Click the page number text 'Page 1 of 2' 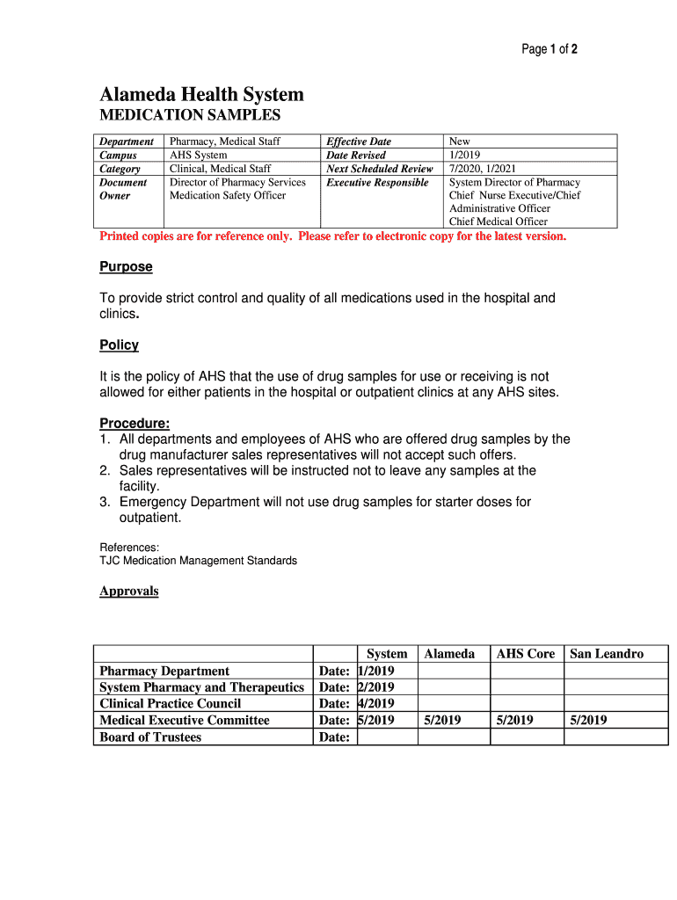pyautogui.click(x=550, y=50)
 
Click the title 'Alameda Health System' pyautogui.click(x=201, y=94)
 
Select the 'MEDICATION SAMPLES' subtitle pyautogui.click(x=190, y=115)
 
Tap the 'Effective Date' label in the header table pyautogui.click(x=359, y=142)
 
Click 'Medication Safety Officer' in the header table pyautogui.click(x=228, y=195)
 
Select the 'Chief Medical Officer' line pyautogui.click(x=498, y=221)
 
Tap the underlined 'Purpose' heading pyautogui.click(x=126, y=266)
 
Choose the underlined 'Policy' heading pyautogui.click(x=119, y=345)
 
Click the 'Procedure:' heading pyautogui.click(x=135, y=424)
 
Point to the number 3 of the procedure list pyautogui.click(x=104, y=502)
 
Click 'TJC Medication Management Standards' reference pyautogui.click(x=198, y=561)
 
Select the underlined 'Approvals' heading pyautogui.click(x=129, y=591)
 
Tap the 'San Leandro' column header pyautogui.click(x=607, y=654)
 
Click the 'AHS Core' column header pyautogui.click(x=526, y=654)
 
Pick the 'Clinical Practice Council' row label pyautogui.click(x=171, y=704)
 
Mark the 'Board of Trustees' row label pyautogui.click(x=150, y=737)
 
